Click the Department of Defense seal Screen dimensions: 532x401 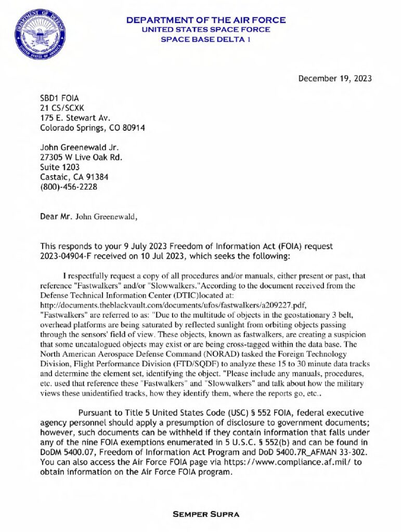[40, 35]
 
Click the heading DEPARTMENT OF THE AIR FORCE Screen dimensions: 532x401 [206, 20]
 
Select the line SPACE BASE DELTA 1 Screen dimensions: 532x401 [206, 39]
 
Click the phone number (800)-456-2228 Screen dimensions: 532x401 [68, 187]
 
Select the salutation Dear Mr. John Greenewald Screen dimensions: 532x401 [89, 217]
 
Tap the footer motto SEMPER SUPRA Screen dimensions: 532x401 [206, 514]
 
